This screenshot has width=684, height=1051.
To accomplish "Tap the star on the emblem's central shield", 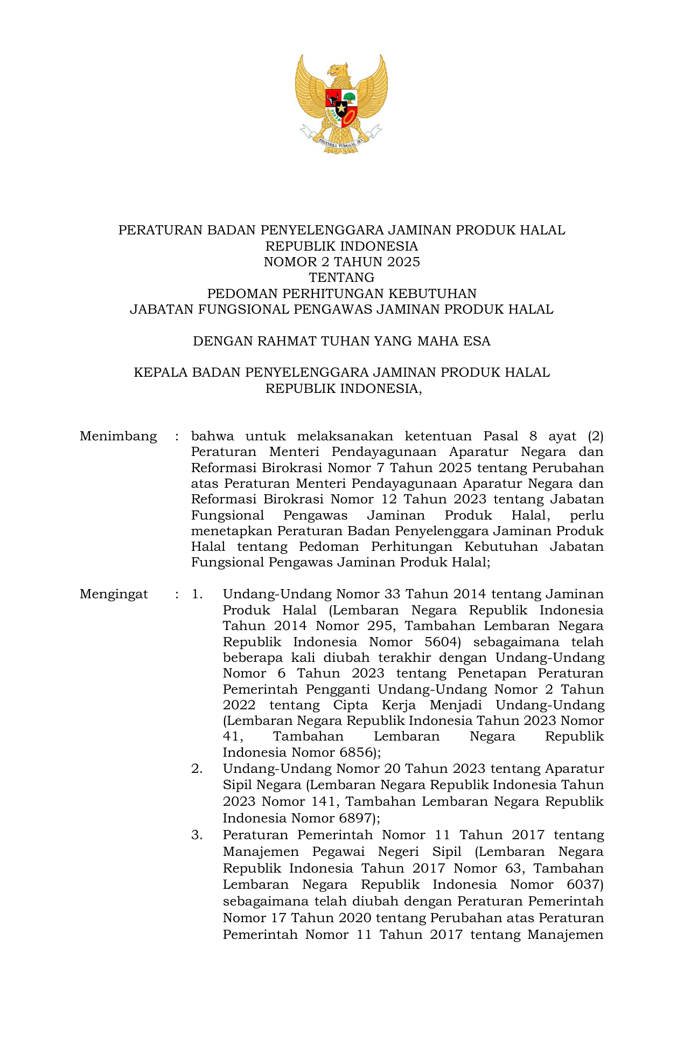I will click(341, 109).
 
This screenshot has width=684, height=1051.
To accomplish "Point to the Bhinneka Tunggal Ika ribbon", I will click(341, 141).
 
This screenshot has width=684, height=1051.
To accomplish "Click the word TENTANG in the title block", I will click(341, 278).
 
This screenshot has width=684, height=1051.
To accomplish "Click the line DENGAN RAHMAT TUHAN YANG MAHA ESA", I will click(341, 341).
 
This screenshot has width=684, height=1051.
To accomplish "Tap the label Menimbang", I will click(118, 436).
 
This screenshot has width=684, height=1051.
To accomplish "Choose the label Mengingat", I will click(114, 594).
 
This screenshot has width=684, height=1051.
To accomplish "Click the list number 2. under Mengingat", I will click(197, 769).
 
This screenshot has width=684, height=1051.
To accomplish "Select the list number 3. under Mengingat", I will click(197, 835).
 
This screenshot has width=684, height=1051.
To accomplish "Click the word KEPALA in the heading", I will click(160, 372).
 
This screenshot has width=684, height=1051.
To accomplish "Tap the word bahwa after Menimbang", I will click(212, 436).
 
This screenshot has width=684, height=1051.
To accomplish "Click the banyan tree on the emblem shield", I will click(350, 98).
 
